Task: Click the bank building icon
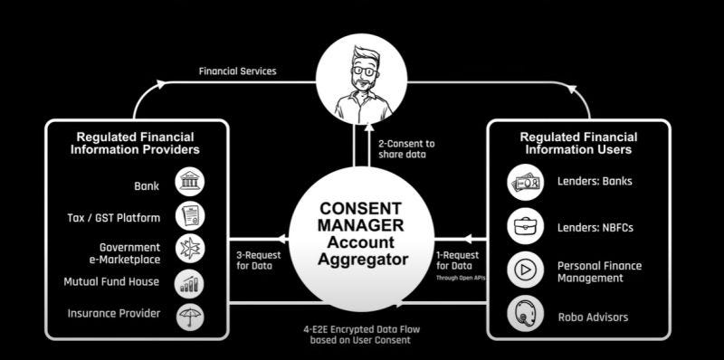point(189,183)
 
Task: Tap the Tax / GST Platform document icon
point(189,216)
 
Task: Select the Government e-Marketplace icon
point(189,250)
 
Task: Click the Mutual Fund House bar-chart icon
point(189,283)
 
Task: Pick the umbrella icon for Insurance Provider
point(189,316)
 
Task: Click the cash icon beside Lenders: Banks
point(525,181)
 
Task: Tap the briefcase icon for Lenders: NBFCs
point(525,226)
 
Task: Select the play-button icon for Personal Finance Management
point(525,271)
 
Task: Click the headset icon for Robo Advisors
point(525,317)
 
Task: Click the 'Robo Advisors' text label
point(593,317)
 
